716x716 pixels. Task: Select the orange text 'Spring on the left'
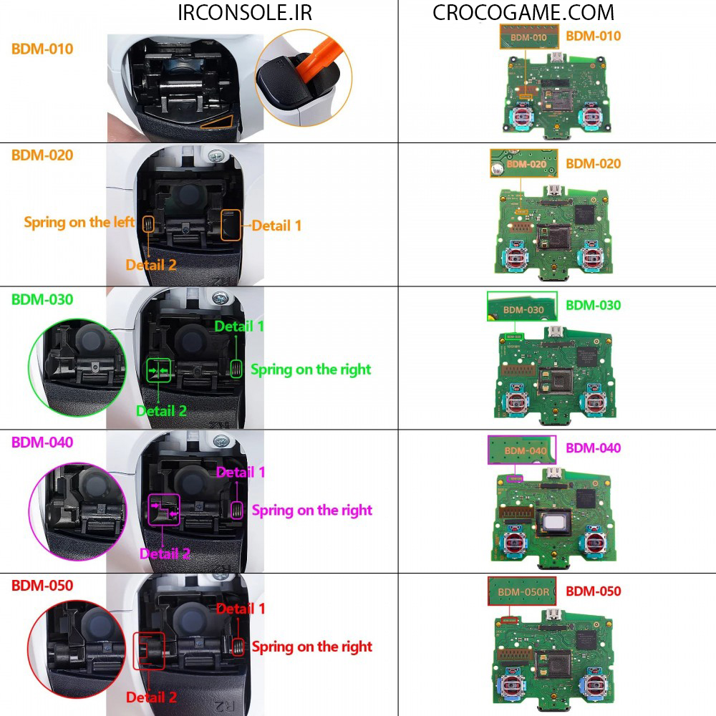(x=79, y=222)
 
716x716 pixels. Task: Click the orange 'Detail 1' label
(x=276, y=226)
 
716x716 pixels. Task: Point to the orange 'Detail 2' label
(x=151, y=265)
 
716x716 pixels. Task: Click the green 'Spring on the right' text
(x=311, y=369)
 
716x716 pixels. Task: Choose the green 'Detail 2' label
(x=161, y=411)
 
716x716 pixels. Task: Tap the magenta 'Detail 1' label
(x=241, y=473)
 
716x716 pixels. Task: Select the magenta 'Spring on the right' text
(x=312, y=511)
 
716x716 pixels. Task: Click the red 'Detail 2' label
(x=151, y=697)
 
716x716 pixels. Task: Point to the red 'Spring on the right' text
(x=312, y=647)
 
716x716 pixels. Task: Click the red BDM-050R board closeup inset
(x=523, y=591)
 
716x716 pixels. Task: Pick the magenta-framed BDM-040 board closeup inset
(x=522, y=450)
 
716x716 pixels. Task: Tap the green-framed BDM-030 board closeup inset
(x=522, y=306)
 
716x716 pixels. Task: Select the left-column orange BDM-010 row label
(x=42, y=49)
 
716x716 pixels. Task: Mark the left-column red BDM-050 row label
(x=42, y=585)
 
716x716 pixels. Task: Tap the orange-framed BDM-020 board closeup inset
(x=523, y=164)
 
